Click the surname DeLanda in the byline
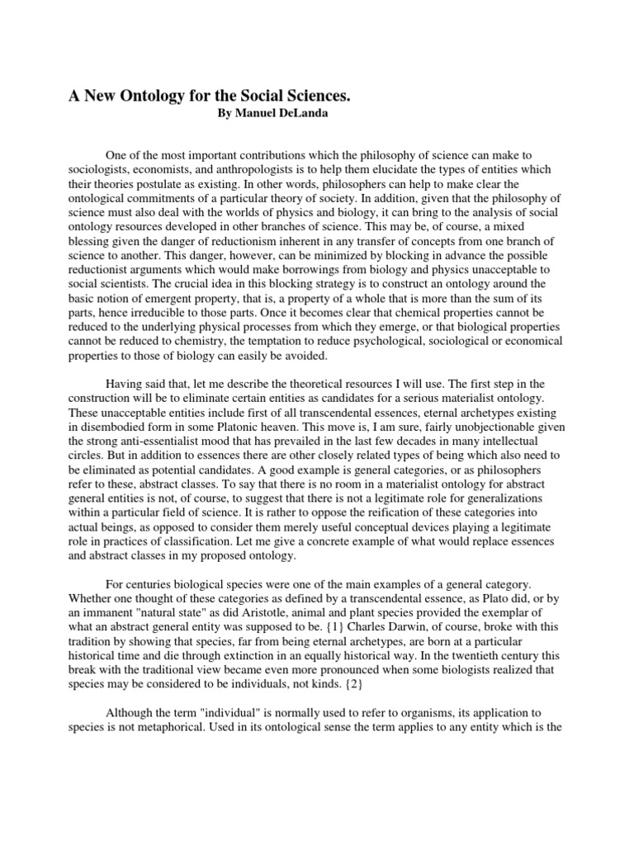tap(305, 114)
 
